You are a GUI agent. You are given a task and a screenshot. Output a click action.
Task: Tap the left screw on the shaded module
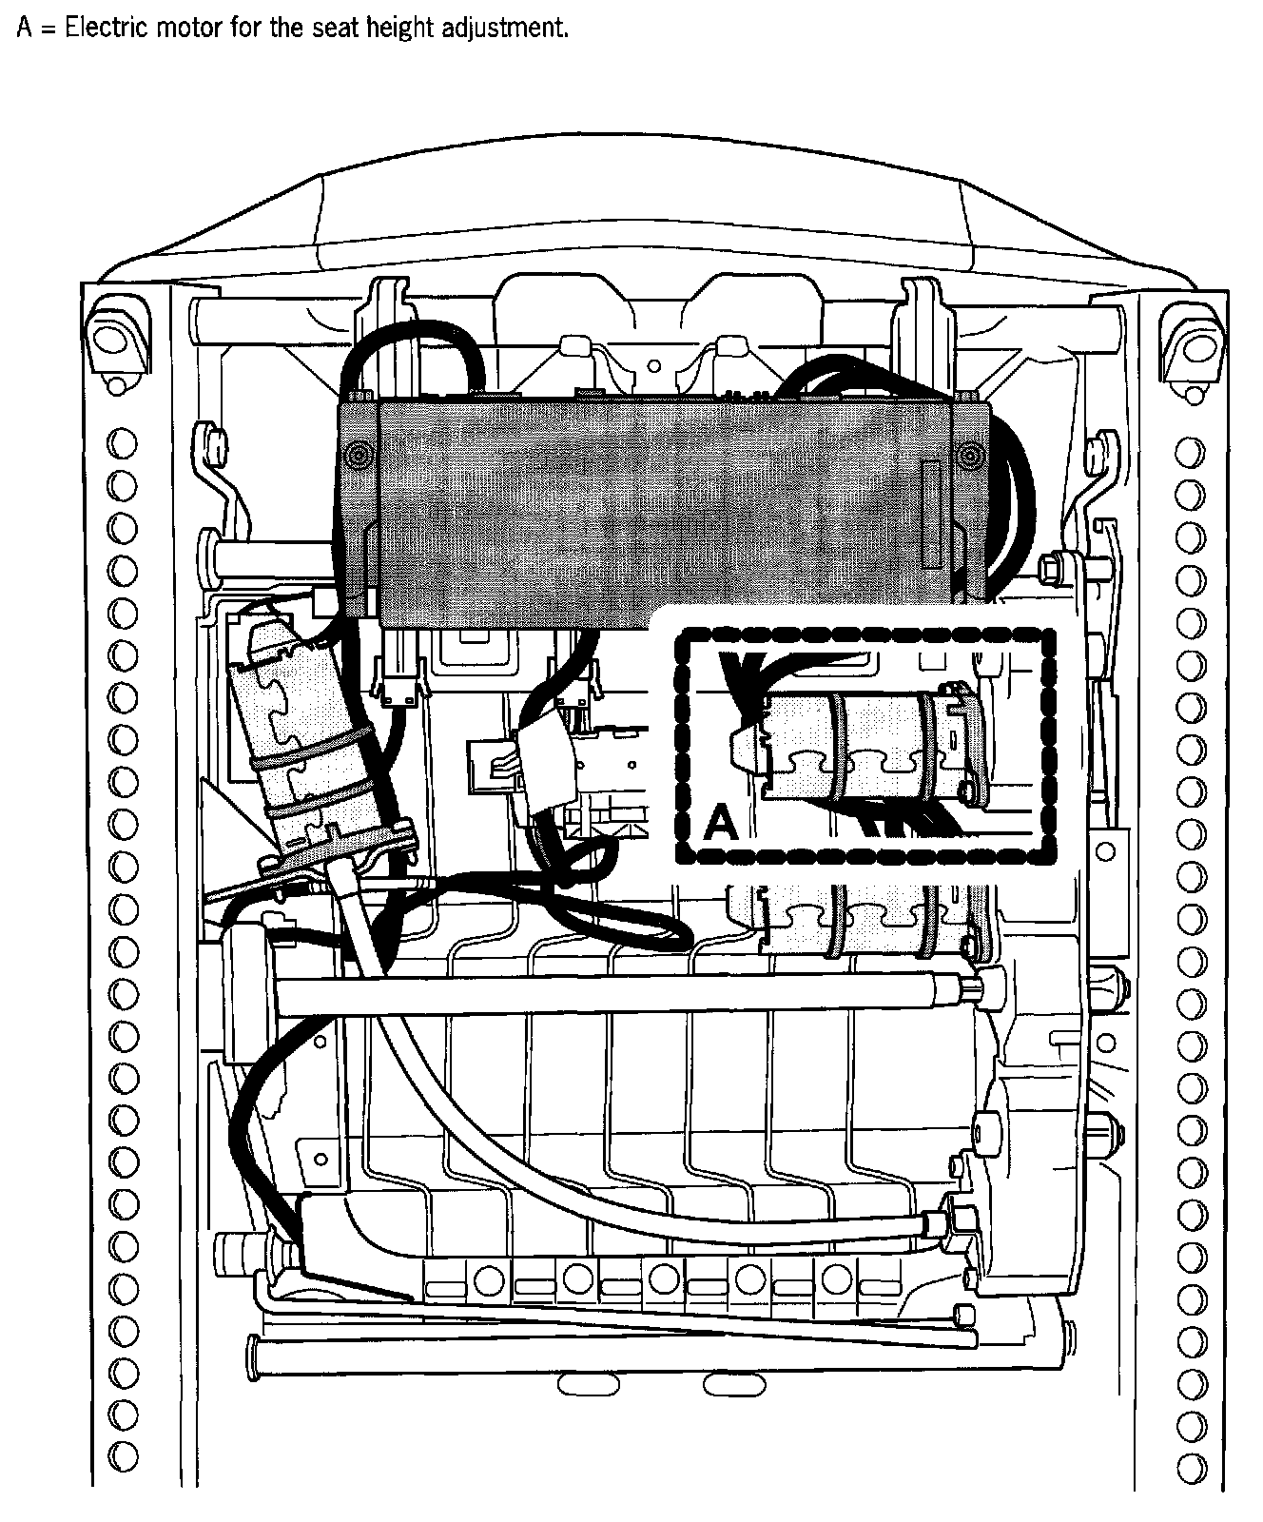point(359,454)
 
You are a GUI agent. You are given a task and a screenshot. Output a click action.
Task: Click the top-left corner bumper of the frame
point(116,341)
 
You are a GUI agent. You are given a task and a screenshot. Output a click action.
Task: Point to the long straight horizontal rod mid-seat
point(618,995)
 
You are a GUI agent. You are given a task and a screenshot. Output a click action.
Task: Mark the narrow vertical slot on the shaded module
point(932,514)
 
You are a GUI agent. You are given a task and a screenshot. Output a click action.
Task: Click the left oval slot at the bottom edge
point(581,1385)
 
